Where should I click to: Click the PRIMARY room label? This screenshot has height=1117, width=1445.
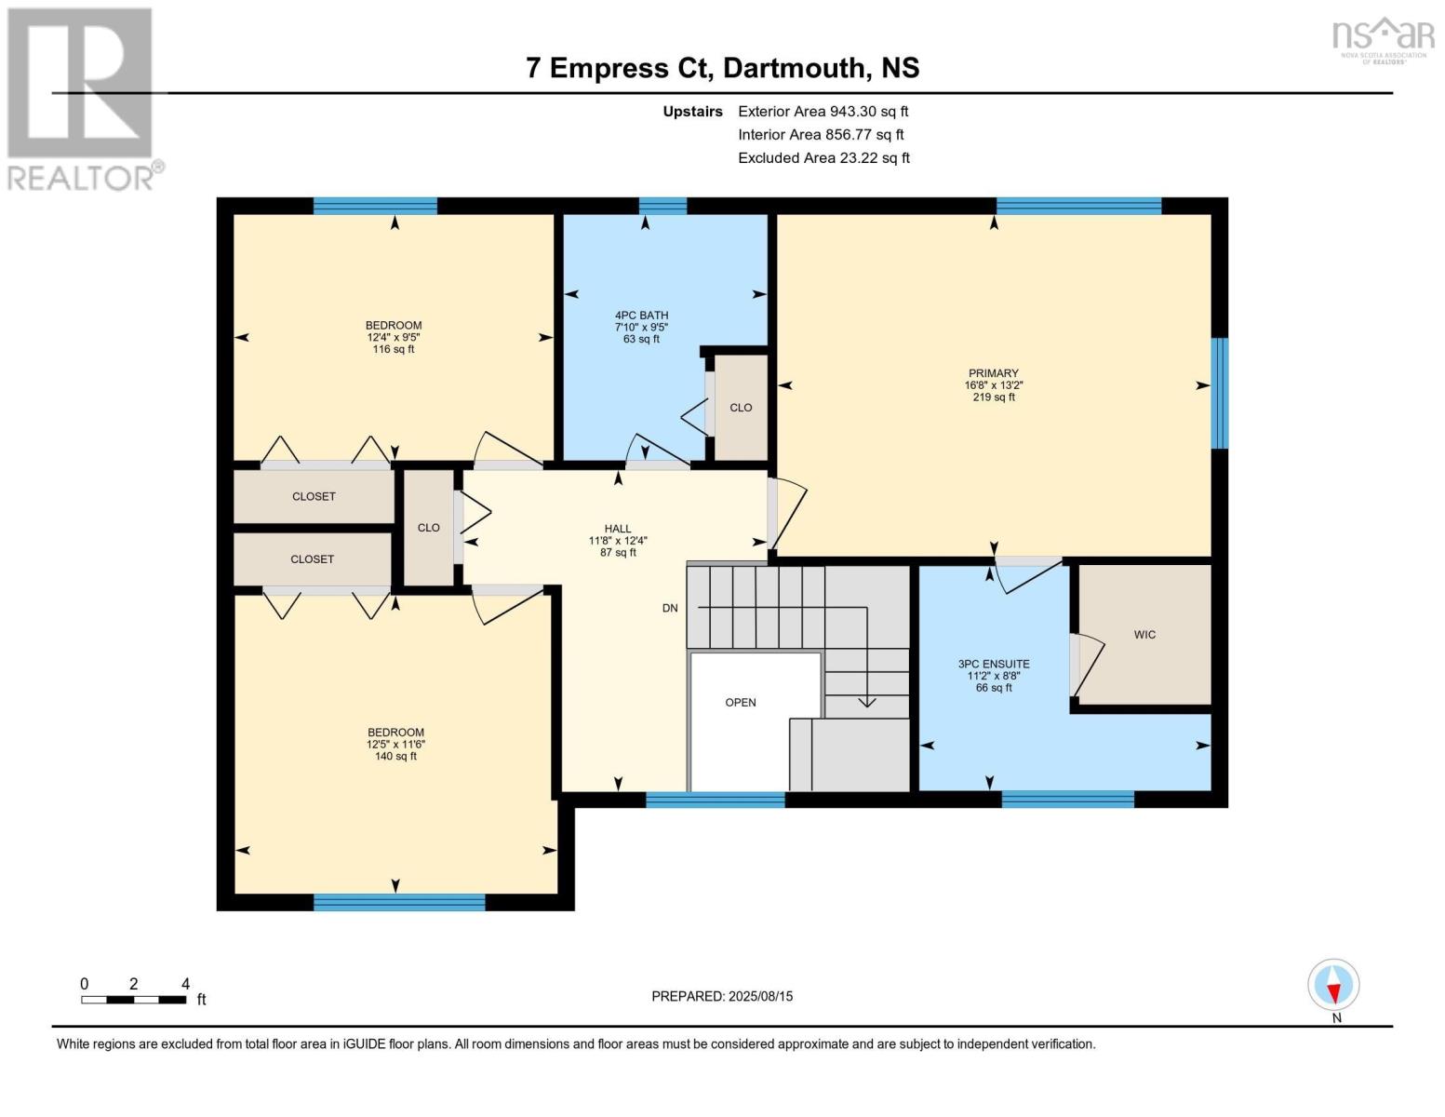tap(993, 373)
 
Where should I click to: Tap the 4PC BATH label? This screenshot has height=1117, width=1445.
tap(641, 316)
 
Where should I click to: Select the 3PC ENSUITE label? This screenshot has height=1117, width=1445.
tap(994, 665)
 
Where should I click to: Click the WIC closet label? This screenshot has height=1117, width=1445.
tap(1144, 635)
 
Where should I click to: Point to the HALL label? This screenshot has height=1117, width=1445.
tap(618, 529)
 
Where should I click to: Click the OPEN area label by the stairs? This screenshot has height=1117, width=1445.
tap(741, 703)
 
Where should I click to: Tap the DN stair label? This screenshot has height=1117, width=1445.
tap(670, 609)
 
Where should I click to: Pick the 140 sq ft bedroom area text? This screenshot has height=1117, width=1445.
tap(395, 757)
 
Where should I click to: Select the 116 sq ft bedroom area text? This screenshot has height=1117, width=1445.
tap(394, 350)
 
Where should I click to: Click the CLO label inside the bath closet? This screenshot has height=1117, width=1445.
tap(741, 408)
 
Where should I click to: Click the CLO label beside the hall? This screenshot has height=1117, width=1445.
tap(428, 528)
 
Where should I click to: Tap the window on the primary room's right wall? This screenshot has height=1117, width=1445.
tap(1219, 393)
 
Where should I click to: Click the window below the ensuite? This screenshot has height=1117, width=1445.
tap(1067, 799)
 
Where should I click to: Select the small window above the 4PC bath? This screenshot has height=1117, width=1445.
tap(662, 206)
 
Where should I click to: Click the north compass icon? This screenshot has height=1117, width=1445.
tap(1333, 985)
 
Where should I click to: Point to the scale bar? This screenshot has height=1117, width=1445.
tap(133, 1000)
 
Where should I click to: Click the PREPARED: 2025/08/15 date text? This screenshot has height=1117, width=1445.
tap(722, 996)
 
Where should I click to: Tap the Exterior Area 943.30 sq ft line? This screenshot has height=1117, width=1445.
tap(823, 112)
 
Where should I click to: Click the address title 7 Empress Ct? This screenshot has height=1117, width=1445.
tap(722, 68)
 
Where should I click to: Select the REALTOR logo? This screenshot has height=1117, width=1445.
tap(82, 98)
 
